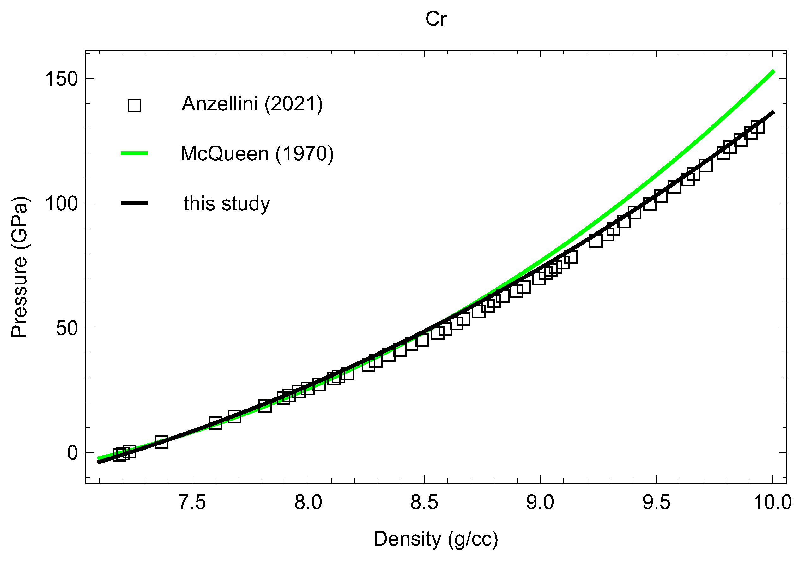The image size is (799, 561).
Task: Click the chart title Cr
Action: pos(436,19)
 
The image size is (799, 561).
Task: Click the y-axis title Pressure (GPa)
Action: pos(20,267)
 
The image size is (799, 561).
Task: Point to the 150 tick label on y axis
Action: pos(61,79)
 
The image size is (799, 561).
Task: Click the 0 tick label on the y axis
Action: pos(72,453)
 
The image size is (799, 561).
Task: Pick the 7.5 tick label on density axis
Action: pos(192,502)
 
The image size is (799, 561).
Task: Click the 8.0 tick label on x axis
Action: pos(308,502)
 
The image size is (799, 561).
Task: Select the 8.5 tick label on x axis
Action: pos(424,502)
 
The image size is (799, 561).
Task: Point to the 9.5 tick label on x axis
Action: pos(656,502)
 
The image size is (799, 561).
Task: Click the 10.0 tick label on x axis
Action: pos(772,502)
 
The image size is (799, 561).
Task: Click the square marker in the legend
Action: pos(134,105)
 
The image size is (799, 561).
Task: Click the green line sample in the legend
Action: pos(134,153)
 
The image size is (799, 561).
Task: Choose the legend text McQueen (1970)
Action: pos(257,153)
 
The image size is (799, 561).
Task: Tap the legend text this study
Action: pos(227,203)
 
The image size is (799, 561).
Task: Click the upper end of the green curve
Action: pos(773,72)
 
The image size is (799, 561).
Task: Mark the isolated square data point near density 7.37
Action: pos(161,442)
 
